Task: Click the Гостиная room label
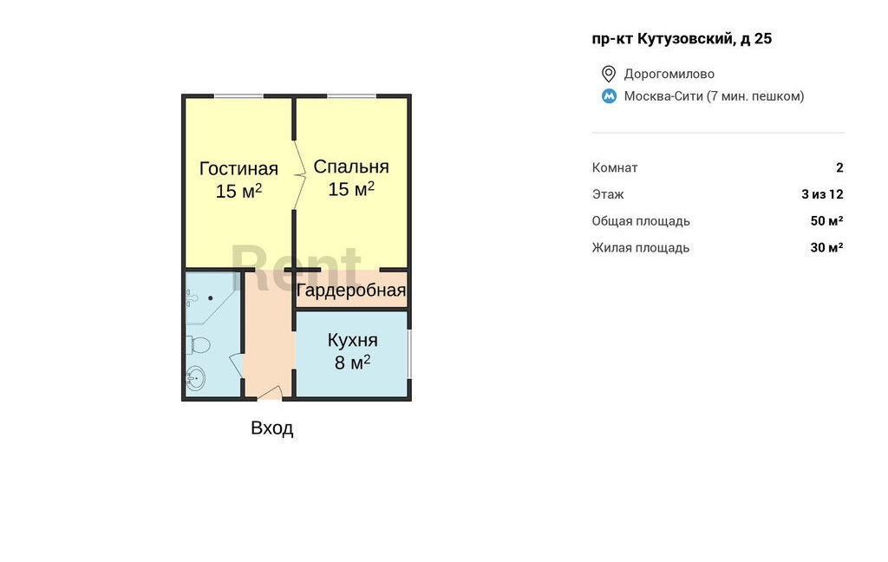click(238, 169)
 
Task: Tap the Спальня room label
click(351, 167)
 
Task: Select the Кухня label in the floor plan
click(352, 340)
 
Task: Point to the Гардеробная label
click(351, 291)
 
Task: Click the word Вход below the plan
click(271, 428)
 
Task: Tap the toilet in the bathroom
click(198, 344)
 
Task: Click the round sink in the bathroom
click(195, 378)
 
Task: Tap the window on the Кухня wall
click(409, 354)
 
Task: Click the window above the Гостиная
click(239, 95)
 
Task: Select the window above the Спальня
click(351, 95)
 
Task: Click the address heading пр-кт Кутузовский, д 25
click(682, 38)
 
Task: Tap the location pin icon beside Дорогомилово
click(608, 74)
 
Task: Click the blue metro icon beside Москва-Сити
click(609, 96)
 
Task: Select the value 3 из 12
click(822, 194)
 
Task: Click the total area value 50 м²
click(826, 220)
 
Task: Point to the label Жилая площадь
click(641, 247)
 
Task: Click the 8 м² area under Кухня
click(352, 362)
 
